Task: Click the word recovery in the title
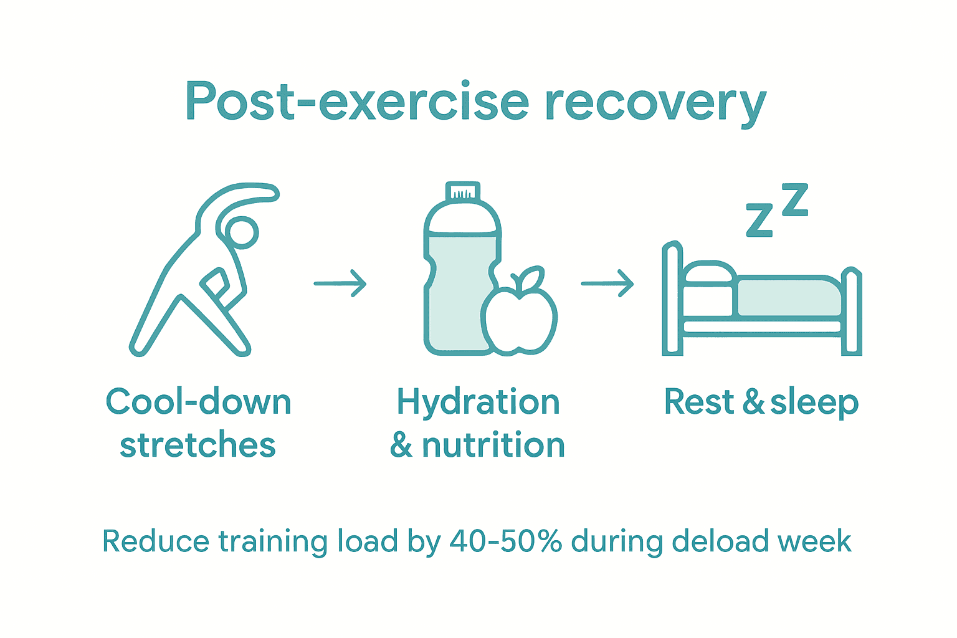pyautogui.click(x=655, y=105)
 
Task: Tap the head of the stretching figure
pyautogui.click(x=241, y=233)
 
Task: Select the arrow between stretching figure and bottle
pyautogui.click(x=340, y=283)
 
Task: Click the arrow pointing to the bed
pyautogui.click(x=607, y=283)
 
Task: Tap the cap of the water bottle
pyautogui.click(x=462, y=191)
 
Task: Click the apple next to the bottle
pyautogui.click(x=519, y=318)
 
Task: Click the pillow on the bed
pyautogui.click(x=708, y=275)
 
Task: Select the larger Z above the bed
pyautogui.click(x=795, y=200)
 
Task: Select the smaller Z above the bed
pyautogui.click(x=759, y=221)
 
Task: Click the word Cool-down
pyautogui.click(x=198, y=402)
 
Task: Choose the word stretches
pyautogui.click(x=198, y=445)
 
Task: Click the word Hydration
pyautogui.click(x=478, y=403)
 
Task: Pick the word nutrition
pyautogui.click(x=493, y=445)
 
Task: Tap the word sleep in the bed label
pyautogui.click(x=814, y=403)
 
